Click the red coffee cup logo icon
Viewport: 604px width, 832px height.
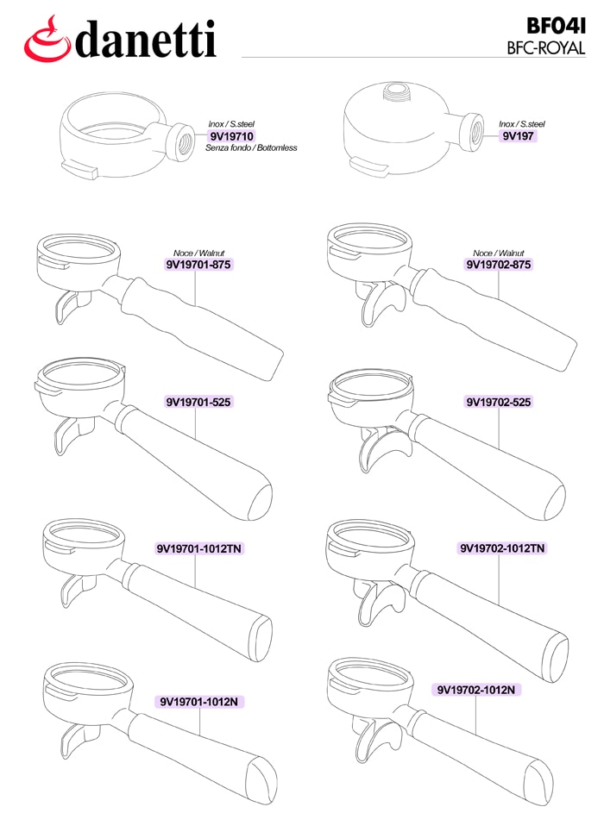(x=47, y=39)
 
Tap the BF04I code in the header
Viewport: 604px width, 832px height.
(x=556, y=26)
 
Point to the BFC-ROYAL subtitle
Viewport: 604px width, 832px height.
(x=546, y=48)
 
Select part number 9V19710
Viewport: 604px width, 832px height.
(x=232, y=136)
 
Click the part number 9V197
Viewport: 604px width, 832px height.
(x=518, y=136)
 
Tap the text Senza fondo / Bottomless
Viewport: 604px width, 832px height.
(x=251, y=148)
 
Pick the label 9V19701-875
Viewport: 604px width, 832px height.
(x=198, y=264)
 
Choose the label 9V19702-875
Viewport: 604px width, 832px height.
(x=499, y=264)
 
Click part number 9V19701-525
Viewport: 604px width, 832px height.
(x=198, y=402)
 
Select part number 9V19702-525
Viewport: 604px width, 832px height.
(x=499, y=402)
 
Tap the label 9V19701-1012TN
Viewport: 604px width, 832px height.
(x=199, y=548)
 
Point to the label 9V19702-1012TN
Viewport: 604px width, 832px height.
(x=502, y=548)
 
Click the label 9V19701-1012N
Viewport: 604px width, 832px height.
(x=199, y=702)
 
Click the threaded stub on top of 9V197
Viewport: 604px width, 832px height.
(x=396, y=91)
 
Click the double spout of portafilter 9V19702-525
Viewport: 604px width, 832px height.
(x=382, y=447)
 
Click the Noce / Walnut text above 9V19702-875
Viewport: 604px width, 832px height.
(x=498, y=253)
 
